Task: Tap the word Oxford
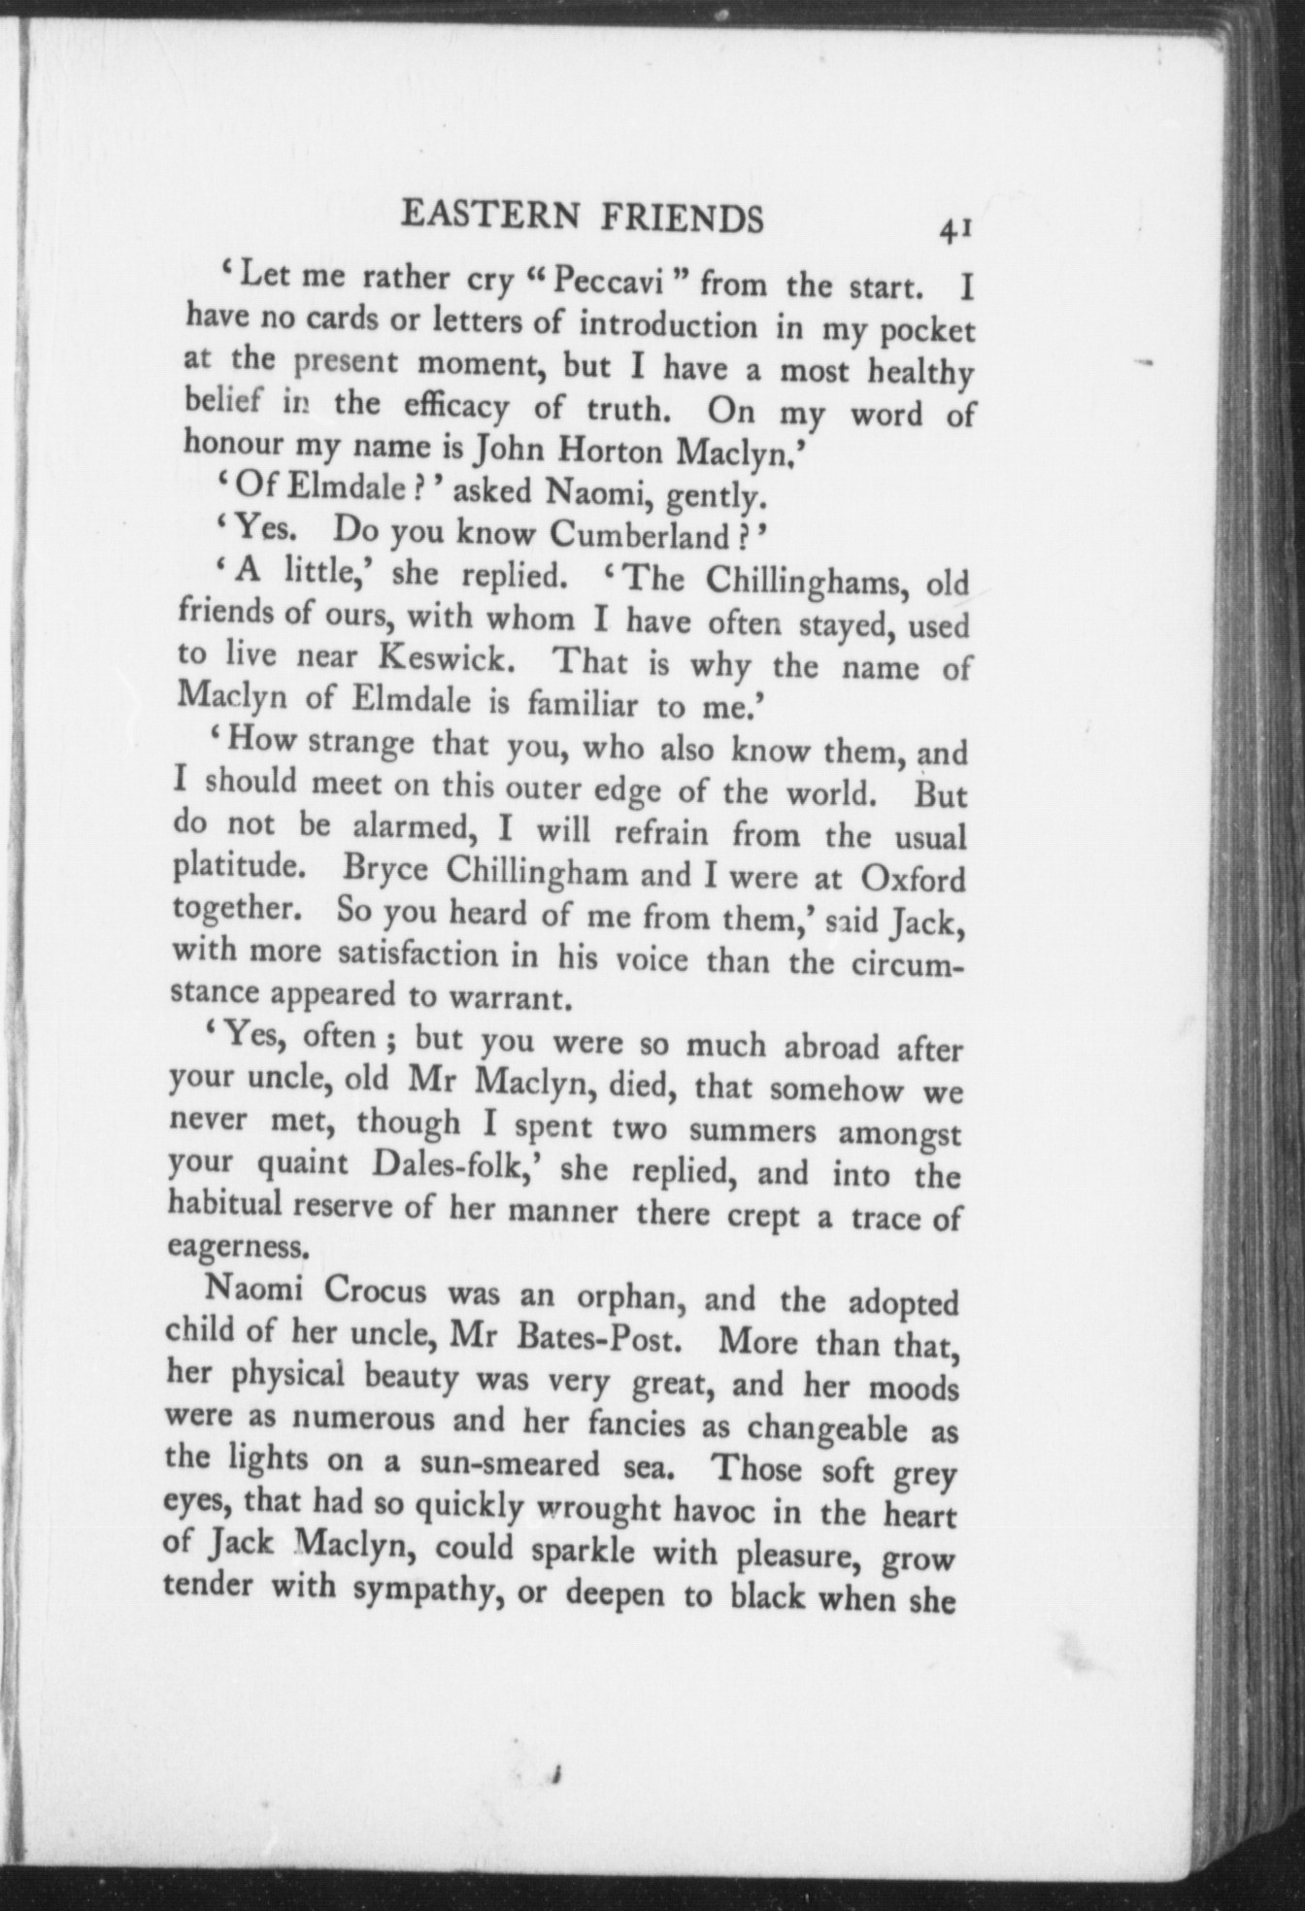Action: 913,879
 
